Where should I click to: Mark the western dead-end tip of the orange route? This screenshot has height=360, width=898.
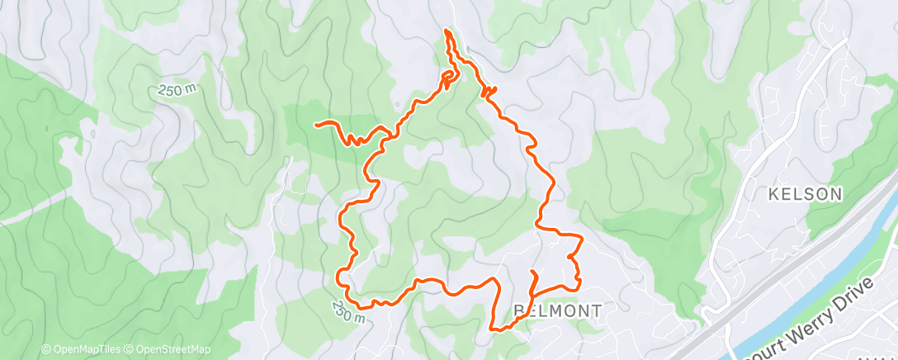pyautogui.click(x=317, y=124)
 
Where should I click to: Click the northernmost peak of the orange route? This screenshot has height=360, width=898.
pyautogui.click(x=447, y=31)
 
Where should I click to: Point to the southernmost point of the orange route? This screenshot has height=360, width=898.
pyautogui.click(x=495, y=329)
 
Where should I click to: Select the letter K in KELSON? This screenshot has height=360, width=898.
pyautogui.click(x=773, y=194)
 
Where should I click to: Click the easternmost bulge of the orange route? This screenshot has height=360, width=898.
pyautogui.click(x=582, y=240)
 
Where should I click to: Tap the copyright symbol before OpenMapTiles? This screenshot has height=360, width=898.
pyautogui.click(x=46, y=349)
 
